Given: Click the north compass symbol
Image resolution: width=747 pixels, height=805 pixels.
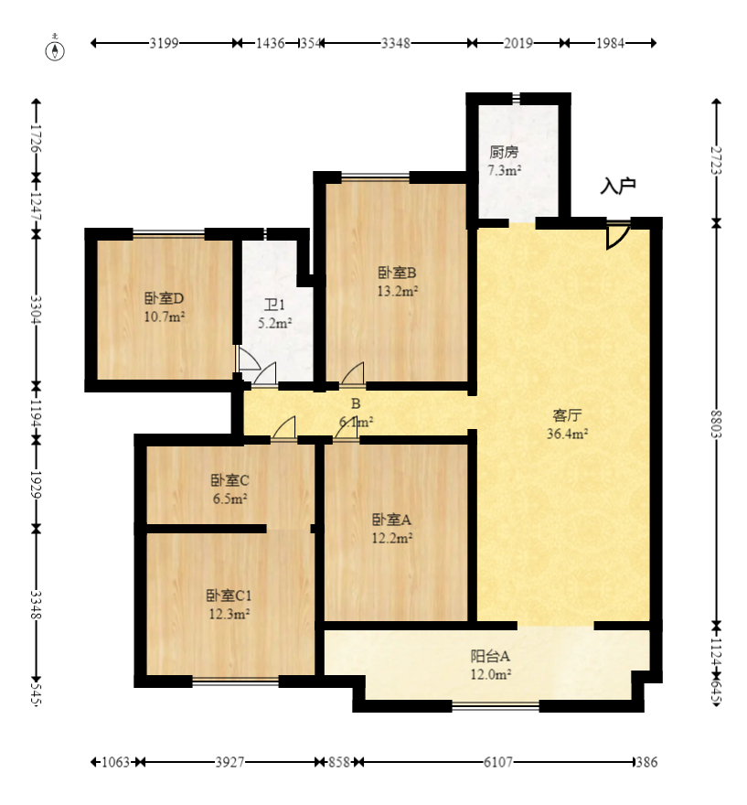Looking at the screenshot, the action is pyautogui.click(x=55, y=49).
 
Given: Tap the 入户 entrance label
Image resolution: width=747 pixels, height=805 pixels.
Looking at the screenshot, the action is pyautogui.click(x=618, y=186).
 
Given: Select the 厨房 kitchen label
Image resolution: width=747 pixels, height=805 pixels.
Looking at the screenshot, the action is pyautogui.click(x=504, y=152).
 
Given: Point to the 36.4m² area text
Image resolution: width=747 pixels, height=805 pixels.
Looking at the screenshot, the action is pyautogui.click(x=567, y=434).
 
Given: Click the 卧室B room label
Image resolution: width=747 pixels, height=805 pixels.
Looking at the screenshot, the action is pyautogui.click(x=397, y=273).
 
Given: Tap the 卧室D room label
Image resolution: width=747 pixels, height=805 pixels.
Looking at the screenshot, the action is pyautogui.click(x=165, y=298).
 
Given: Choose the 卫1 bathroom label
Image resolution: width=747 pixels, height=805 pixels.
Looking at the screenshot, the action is pyautogui.click(x=274, y=305).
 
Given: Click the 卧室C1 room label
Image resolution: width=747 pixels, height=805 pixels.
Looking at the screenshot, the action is pyautogui.click(x=229, y=596).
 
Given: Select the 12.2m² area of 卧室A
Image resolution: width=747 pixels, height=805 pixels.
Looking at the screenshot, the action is pyautogui.click(x=392, y=539).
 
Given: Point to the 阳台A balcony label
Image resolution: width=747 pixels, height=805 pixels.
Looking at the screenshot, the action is pyautogui.click(x=490, y=656).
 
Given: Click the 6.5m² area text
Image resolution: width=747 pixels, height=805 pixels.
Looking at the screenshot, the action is pyautogui.click(x=230, y=499).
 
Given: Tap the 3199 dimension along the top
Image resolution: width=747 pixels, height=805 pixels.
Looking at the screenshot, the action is pyautogui.click(x=164, y=43).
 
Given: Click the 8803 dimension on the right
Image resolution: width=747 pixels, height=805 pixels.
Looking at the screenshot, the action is pyautogui.click(x=716, y=424).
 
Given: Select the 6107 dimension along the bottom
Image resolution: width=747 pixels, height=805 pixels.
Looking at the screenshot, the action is pyautogui.click(x=497, y=762).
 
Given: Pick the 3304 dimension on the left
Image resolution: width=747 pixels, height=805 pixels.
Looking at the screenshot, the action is pyautogui.click(x=36, y=309).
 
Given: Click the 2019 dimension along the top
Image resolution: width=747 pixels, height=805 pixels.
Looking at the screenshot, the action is pyautogui.click(x=518, y=43).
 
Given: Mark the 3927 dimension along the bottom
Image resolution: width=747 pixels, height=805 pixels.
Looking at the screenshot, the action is pyautogui.click(x=229, y=762).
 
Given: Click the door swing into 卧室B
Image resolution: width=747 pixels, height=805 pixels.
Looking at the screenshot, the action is pyautogui.click(x=352, y=373).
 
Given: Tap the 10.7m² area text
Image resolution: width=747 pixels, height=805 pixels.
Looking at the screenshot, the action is pyautogui.click(x=165, y=317).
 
